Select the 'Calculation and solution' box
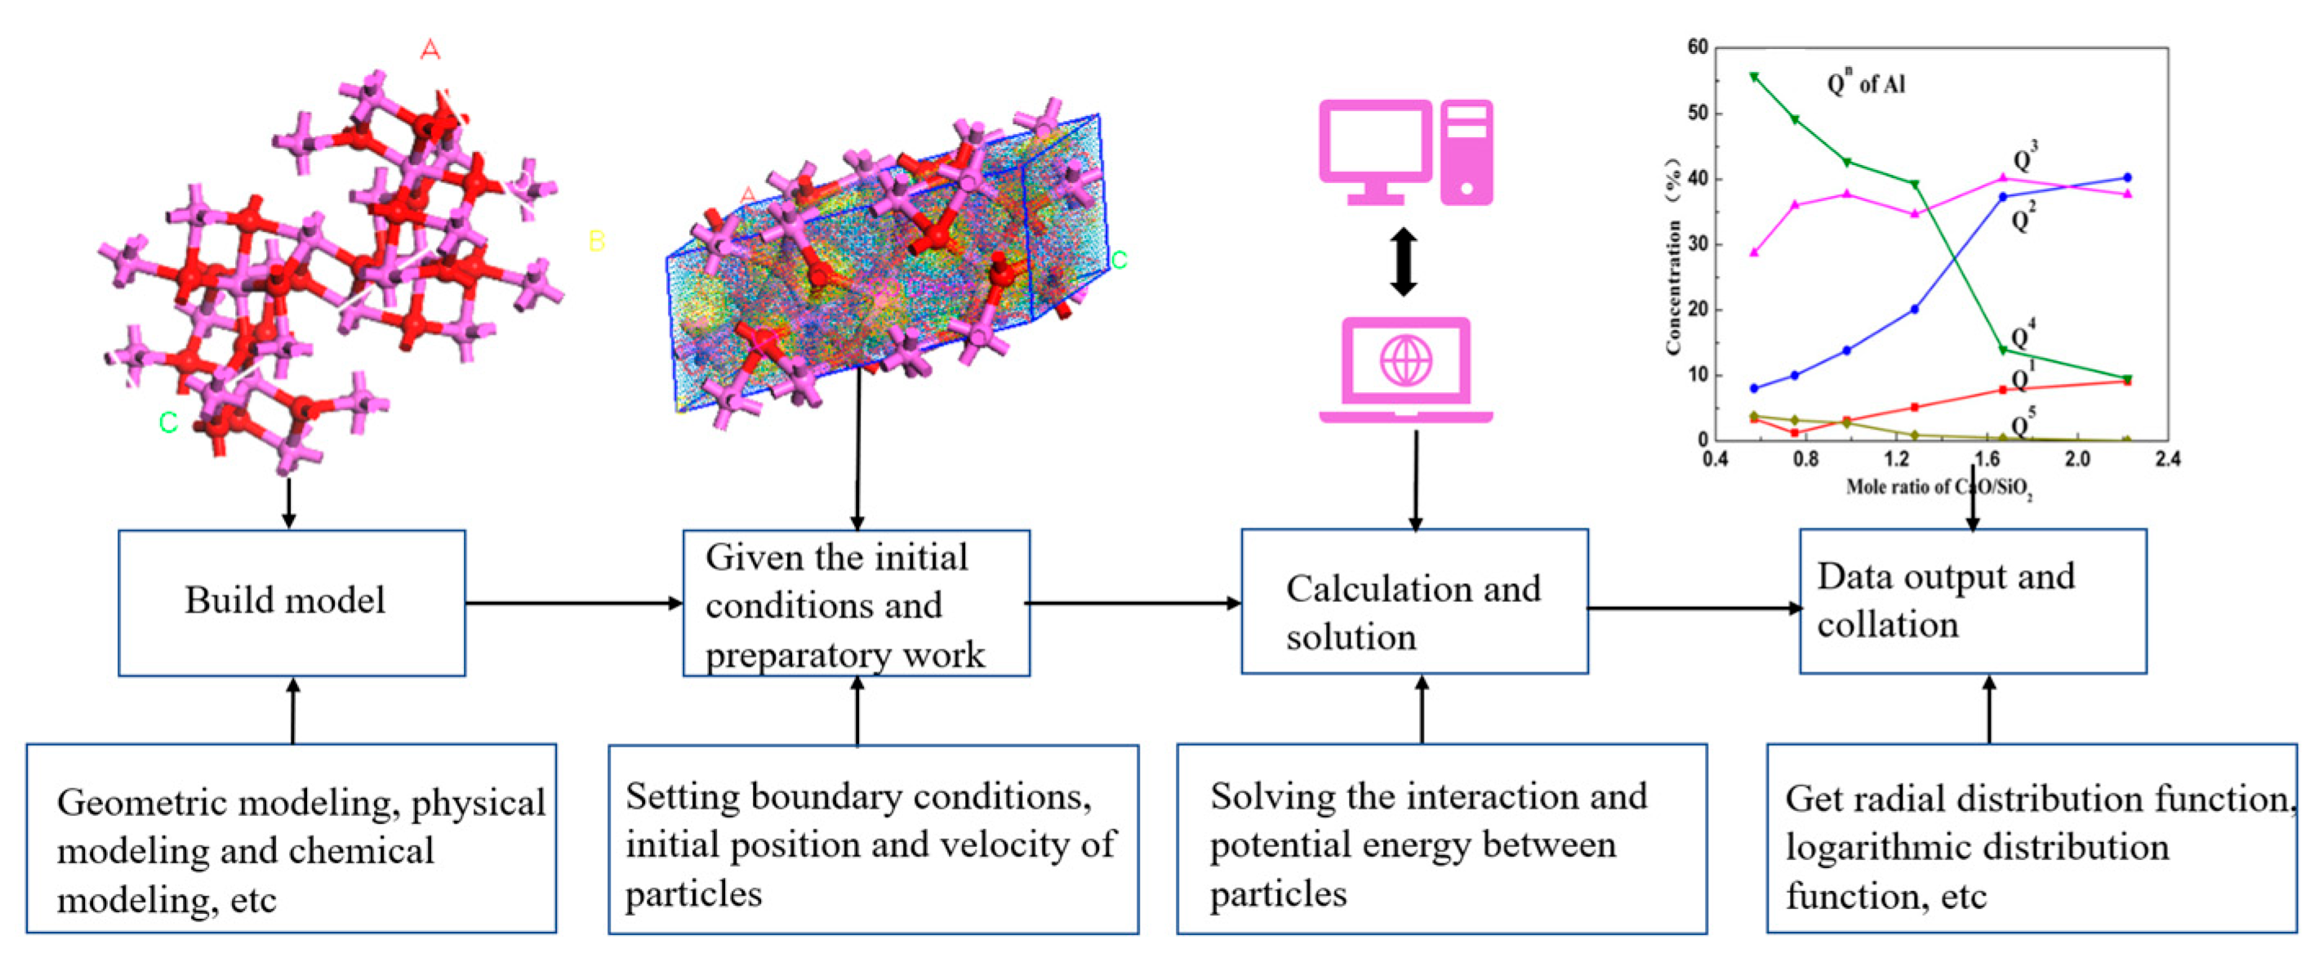point(1413,601)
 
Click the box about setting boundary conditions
point(872,839)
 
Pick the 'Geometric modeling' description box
point(291,839)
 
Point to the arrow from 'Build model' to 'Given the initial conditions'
point(573,603)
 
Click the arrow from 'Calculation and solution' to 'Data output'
point(1693,608)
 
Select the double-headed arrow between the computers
point(1404,262)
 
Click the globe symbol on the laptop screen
point(1405,359)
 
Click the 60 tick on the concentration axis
point(1697,47)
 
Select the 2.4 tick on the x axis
point(2168,459)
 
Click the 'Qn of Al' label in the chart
point(1865,84)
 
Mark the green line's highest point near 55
point(1754,78)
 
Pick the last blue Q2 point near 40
point(2127,177)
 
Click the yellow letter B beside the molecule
point(596,240)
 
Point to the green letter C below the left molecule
point(168,421)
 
